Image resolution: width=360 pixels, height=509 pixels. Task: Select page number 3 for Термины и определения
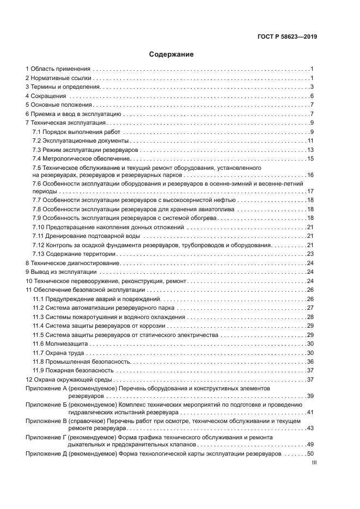[x=312, y=87]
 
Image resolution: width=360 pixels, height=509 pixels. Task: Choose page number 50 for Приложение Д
[x=310, y=453]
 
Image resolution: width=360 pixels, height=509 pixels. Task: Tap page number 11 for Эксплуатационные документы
[x=310, y=140]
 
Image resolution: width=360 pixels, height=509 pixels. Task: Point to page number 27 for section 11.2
[x=310, y=308]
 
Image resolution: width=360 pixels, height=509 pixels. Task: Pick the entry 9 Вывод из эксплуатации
[x=61, y=272]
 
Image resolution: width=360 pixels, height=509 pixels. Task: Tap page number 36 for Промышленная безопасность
[x=310, y=361]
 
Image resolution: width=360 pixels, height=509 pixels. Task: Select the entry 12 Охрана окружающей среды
[x=69, y=379]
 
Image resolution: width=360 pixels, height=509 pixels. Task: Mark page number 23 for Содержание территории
[x=310, y=254]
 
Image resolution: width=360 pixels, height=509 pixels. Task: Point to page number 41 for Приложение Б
[x=310, y=413]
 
